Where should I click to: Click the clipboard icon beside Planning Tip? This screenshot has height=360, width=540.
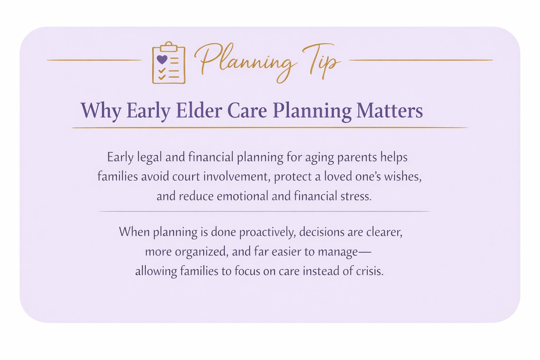point(168,64)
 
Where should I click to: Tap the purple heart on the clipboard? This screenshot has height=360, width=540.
point(162,59)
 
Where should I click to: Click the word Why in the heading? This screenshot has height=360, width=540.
point(101,110)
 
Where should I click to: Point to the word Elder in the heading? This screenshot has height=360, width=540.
point(199,110)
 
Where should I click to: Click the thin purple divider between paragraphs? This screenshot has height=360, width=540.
point(264,212)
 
